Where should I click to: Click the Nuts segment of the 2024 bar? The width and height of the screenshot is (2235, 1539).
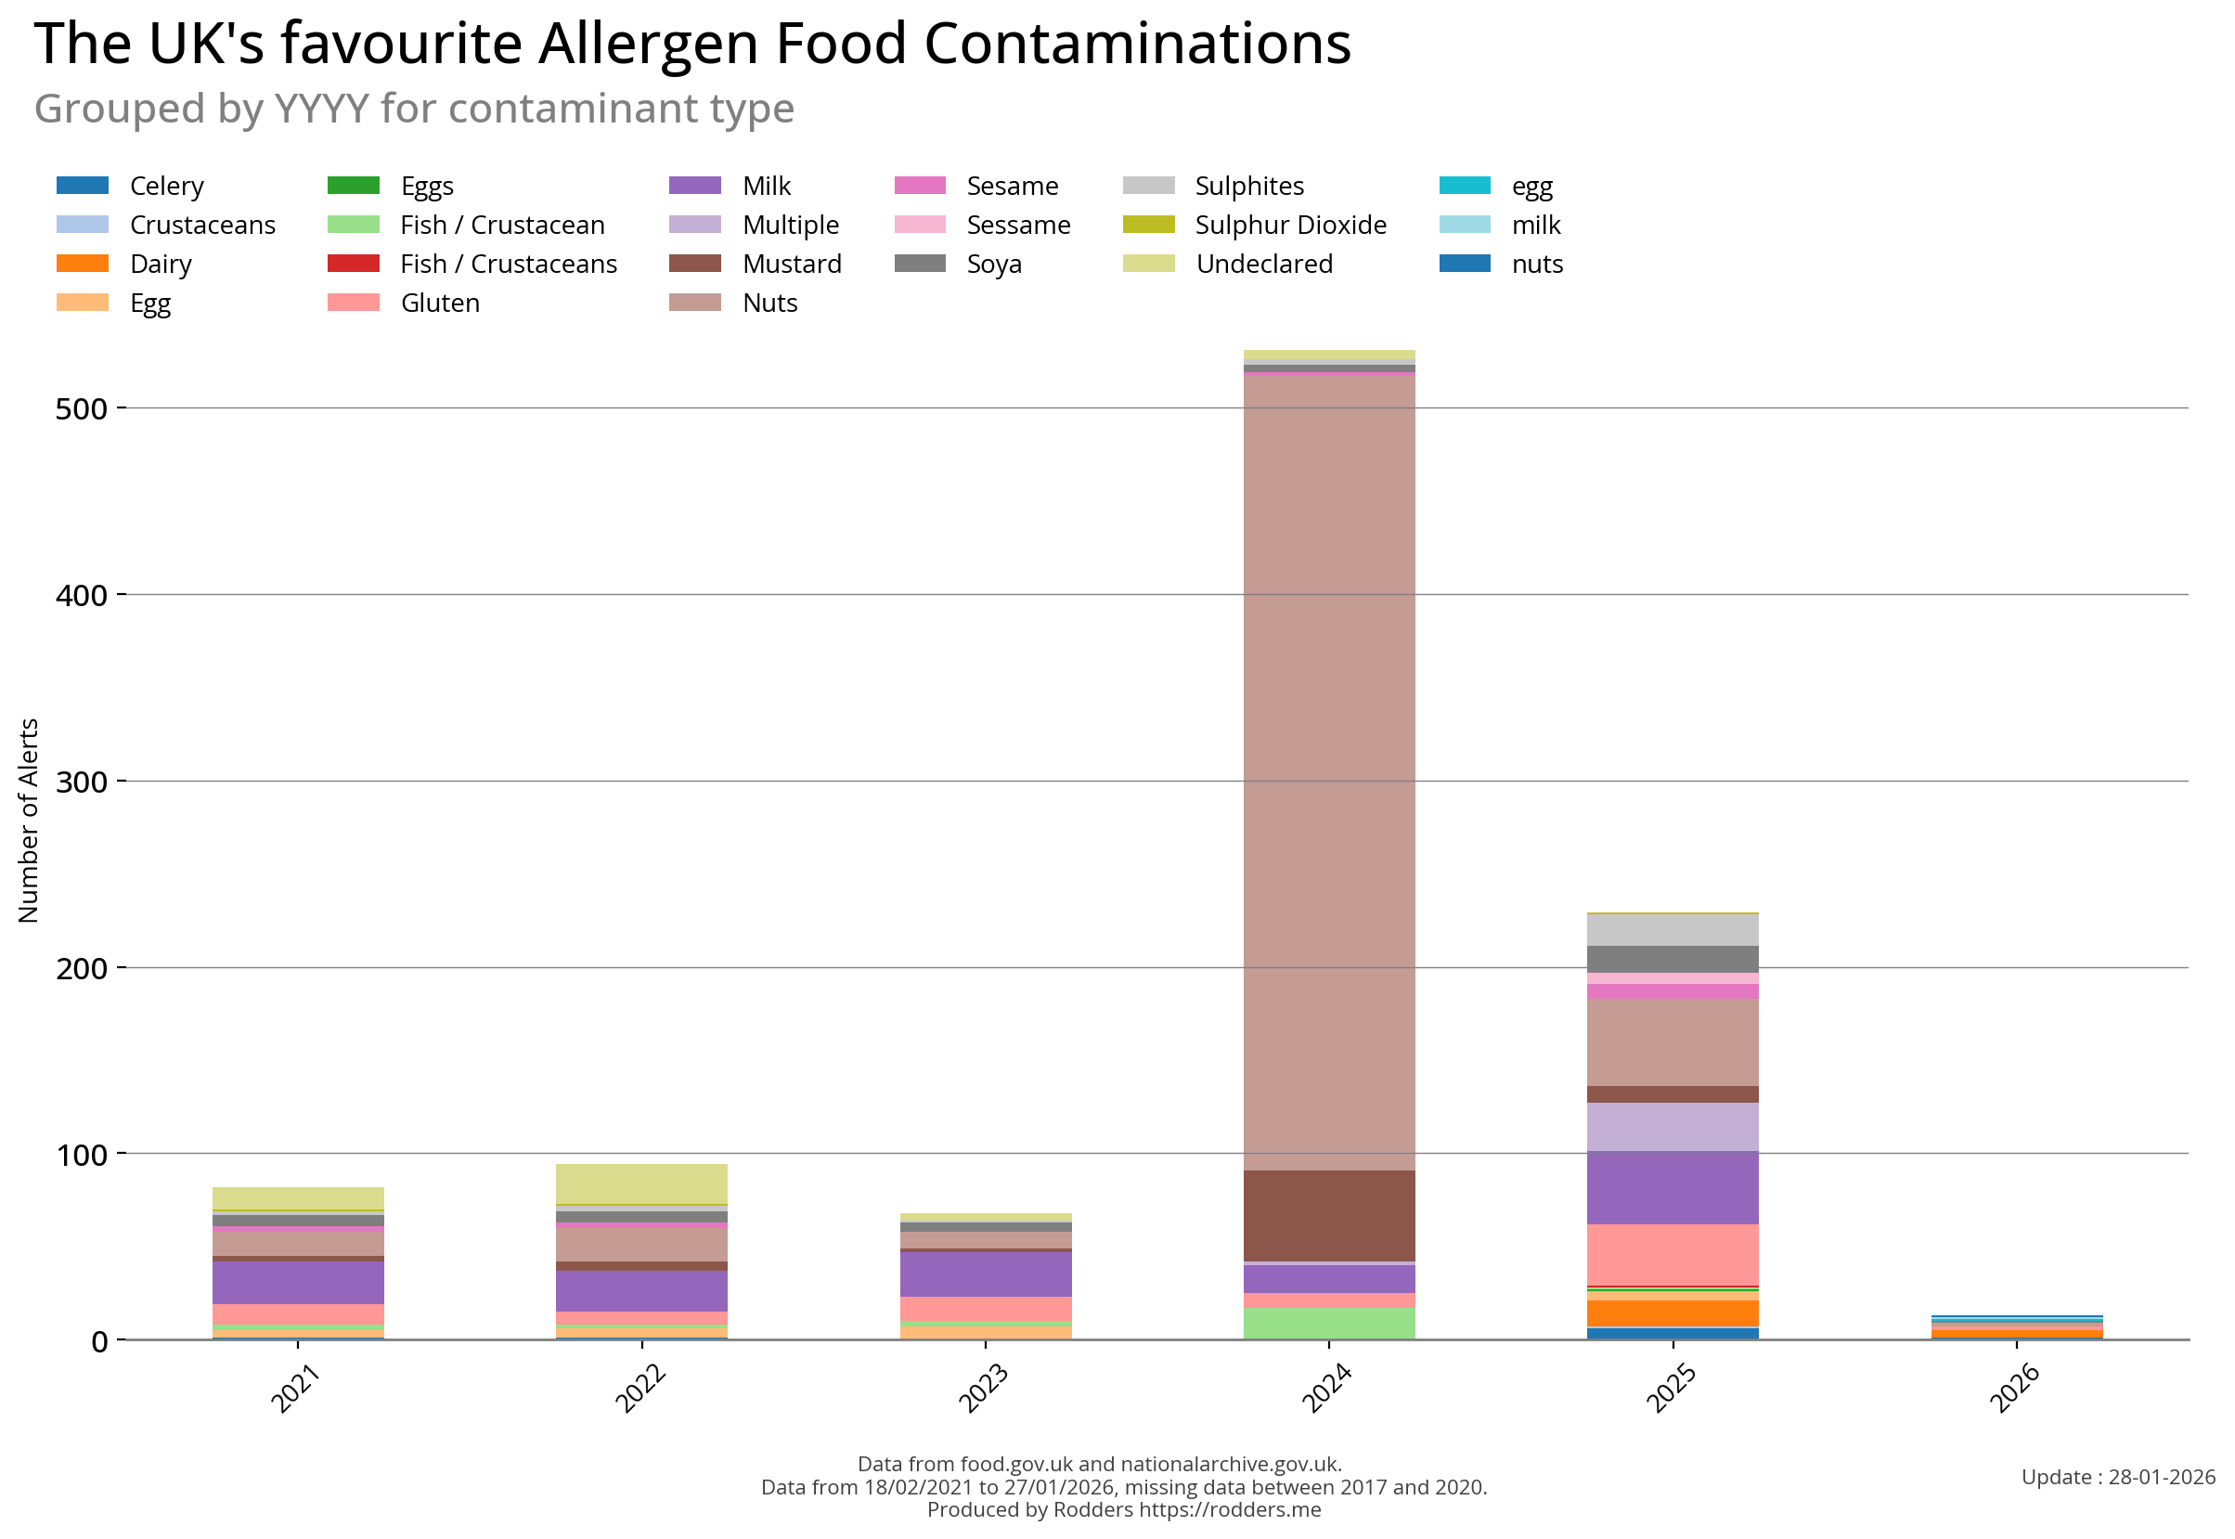(1329, 771)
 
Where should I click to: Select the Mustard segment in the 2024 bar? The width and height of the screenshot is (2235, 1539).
(1329, 1216)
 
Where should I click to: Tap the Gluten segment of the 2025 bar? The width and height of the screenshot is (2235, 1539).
(1672, 1255)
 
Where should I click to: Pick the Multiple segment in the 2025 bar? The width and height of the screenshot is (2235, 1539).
(1672, 1126)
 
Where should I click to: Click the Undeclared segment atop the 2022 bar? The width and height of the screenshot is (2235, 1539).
(641, 1184)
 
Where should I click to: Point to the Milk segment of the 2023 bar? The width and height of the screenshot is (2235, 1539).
(985, 1274)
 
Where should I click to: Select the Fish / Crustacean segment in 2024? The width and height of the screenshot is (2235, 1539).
(1329, 1323)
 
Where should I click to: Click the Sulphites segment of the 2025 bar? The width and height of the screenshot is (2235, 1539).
(1672, 929)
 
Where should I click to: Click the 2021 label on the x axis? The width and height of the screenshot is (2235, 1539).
(295, 1388)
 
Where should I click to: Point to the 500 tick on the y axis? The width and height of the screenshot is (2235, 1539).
(82, 408)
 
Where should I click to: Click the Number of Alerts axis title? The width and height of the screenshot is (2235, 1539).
(29, 821)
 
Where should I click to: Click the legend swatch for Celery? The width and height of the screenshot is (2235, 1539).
(83, 185)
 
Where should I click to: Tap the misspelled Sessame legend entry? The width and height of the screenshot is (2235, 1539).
(1018, 225)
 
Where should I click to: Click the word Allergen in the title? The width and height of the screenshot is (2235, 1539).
(649, 45)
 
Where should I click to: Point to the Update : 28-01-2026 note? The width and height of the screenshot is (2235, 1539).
(2117, 1478)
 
